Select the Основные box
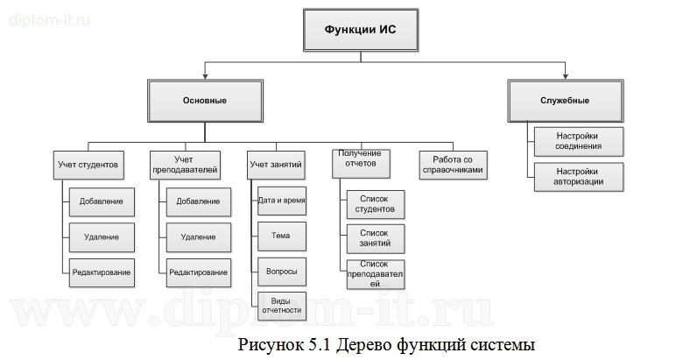(205, 102)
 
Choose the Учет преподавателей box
(184, 164)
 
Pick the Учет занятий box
(276, 164)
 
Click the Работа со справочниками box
(452, 164)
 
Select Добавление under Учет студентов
(101, 201)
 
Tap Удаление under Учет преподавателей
(199, 236)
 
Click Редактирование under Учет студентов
(101, 272)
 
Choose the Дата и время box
(282, 201)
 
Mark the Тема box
(282, 236)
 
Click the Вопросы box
(282, 272)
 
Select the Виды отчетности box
(282, 305)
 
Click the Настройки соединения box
(578, 139)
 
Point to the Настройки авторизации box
(578, 176)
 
